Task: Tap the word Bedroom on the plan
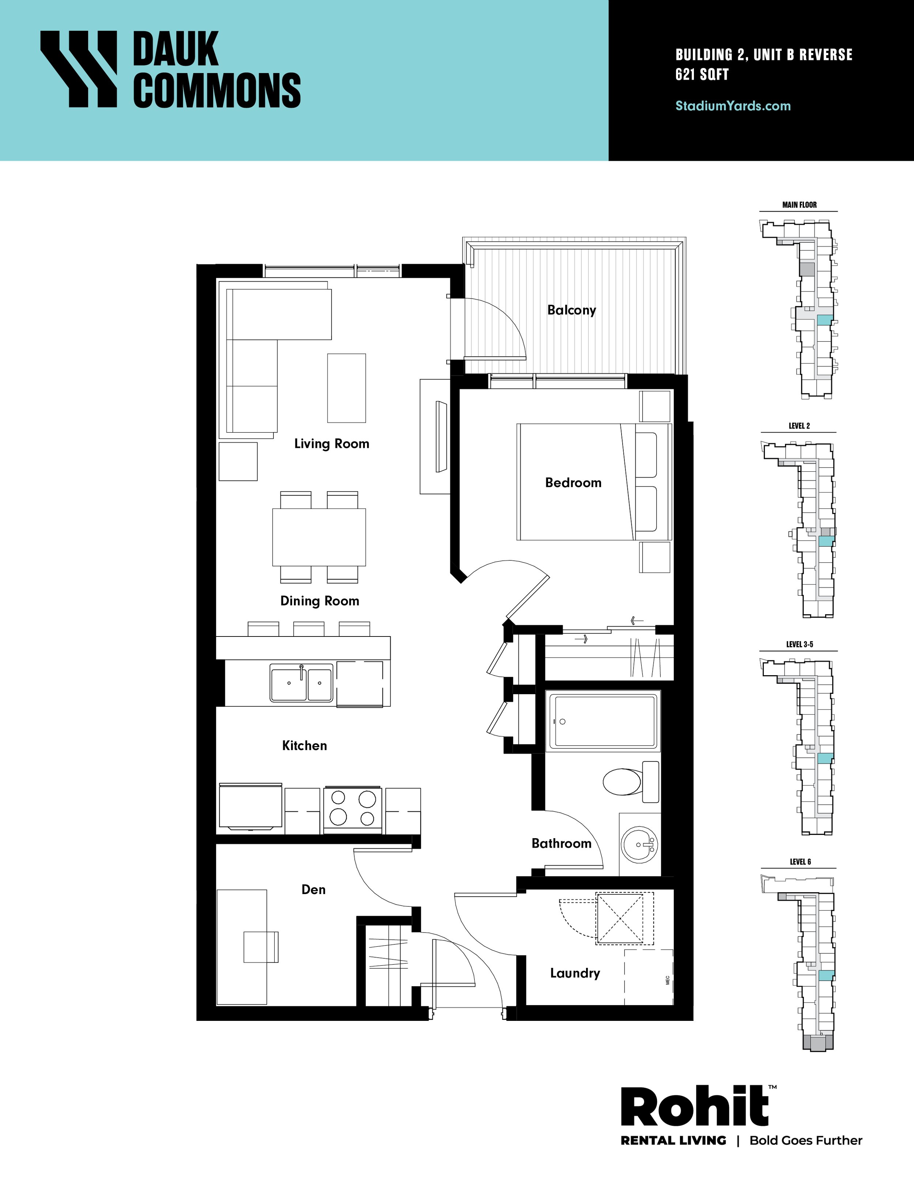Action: point(573,483)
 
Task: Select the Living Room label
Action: point(331,444)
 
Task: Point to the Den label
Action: point(314,890)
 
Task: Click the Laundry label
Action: point(575,973)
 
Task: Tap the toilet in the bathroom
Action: point(631,782)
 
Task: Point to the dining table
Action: point(319,537)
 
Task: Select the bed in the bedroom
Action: point(594,482)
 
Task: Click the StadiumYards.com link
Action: point(733,106)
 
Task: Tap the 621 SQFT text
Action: point(702,75)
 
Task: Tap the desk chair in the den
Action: point(261,947)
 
